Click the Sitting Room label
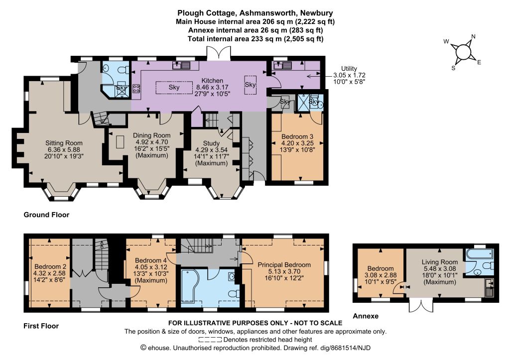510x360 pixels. (64, 143)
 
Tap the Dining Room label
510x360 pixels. (151, 135)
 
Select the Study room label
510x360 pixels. (211, 143)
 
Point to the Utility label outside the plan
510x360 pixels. (349, 69)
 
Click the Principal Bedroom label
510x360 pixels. (284, 265)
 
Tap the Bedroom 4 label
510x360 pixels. (150, 260)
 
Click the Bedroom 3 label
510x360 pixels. (297, 136)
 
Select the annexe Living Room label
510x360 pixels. (440, 262)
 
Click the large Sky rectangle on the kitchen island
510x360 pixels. (174, 87)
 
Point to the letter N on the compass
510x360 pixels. (473, 36)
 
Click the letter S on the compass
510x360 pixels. (453, 68)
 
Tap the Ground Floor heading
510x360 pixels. (46, 215)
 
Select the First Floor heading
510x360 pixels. (41, 326)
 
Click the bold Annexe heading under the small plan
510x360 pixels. (366, 316)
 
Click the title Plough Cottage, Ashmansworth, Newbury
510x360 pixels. (255, 13)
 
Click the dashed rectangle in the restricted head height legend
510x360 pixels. (210, 340)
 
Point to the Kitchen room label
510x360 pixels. (212, 81)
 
